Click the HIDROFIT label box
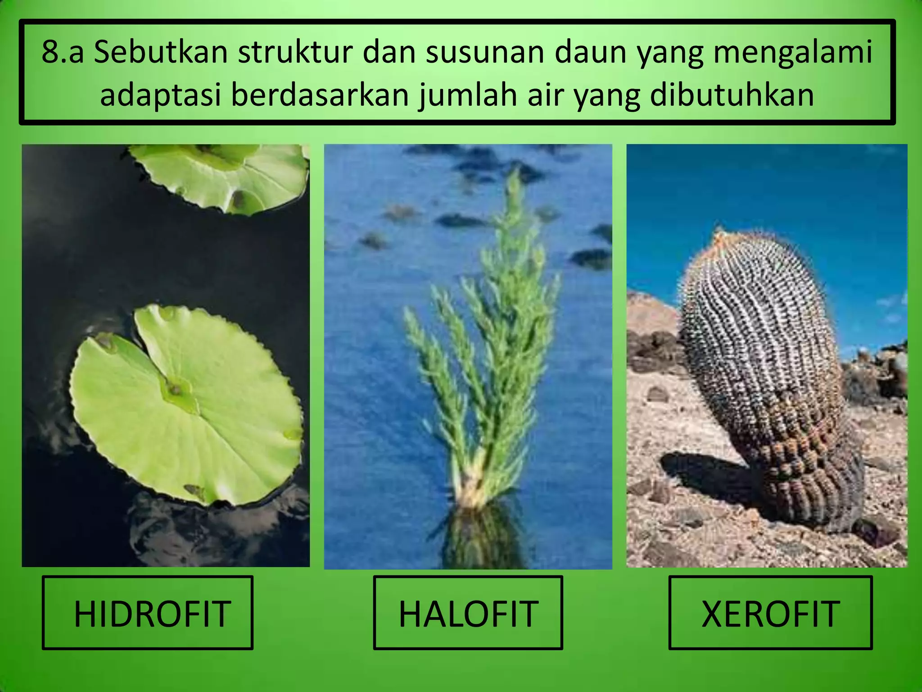[148, 613]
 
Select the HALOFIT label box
[468, 613]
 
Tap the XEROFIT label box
[770, 613]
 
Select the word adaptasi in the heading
[160, 96]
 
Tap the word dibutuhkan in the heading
[732, 96]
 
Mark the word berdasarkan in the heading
[319, 96]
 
